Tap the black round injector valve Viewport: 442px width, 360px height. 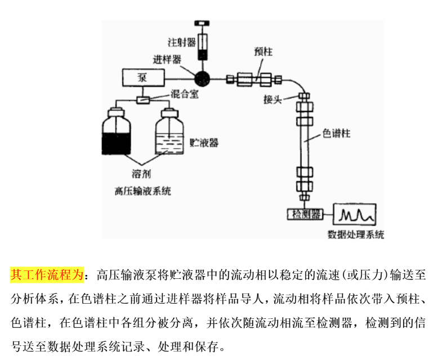tap(203, 78)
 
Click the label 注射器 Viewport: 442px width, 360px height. tap(181, 42)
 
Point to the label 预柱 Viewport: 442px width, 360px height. tap(263, 52)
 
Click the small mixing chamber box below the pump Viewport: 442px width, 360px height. tap(144, 100)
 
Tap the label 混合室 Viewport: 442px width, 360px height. tap(185, 95)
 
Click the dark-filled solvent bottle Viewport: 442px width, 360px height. tap(117, 132)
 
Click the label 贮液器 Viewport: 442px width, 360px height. tap(204, 142)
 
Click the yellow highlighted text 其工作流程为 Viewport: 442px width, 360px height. tap(47, 275)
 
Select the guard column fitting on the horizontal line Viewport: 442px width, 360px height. tap(253, 78)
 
